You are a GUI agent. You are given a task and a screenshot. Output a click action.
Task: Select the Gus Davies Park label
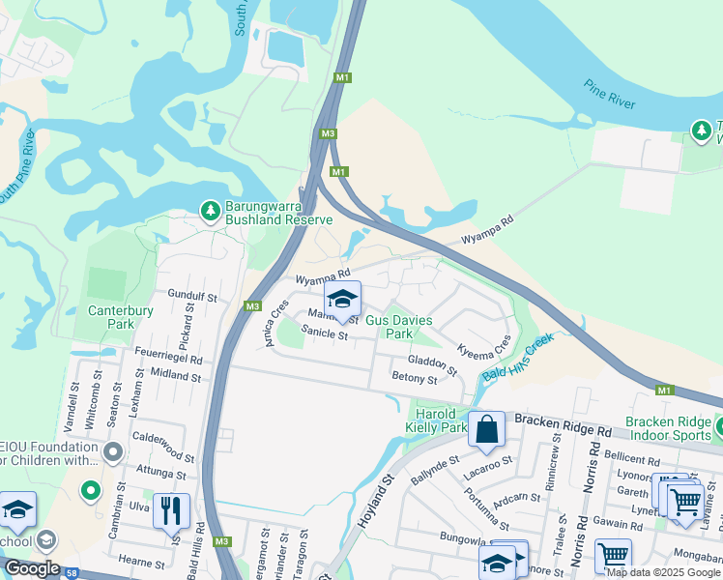coord(398,326)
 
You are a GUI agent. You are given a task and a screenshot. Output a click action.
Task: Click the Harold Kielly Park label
coord(440,420)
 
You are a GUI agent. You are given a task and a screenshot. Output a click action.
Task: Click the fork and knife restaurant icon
coord(171,510)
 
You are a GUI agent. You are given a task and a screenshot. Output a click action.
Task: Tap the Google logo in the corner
coord(31,568)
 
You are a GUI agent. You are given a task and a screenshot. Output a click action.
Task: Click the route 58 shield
coord(72,572)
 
